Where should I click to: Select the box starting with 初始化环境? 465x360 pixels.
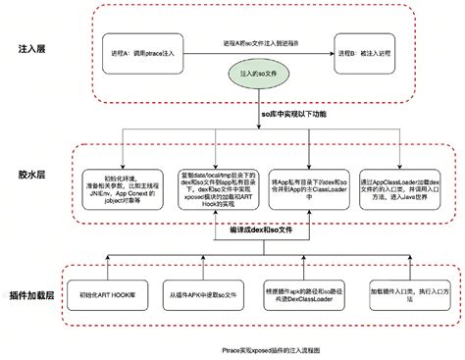coord(122,180)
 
